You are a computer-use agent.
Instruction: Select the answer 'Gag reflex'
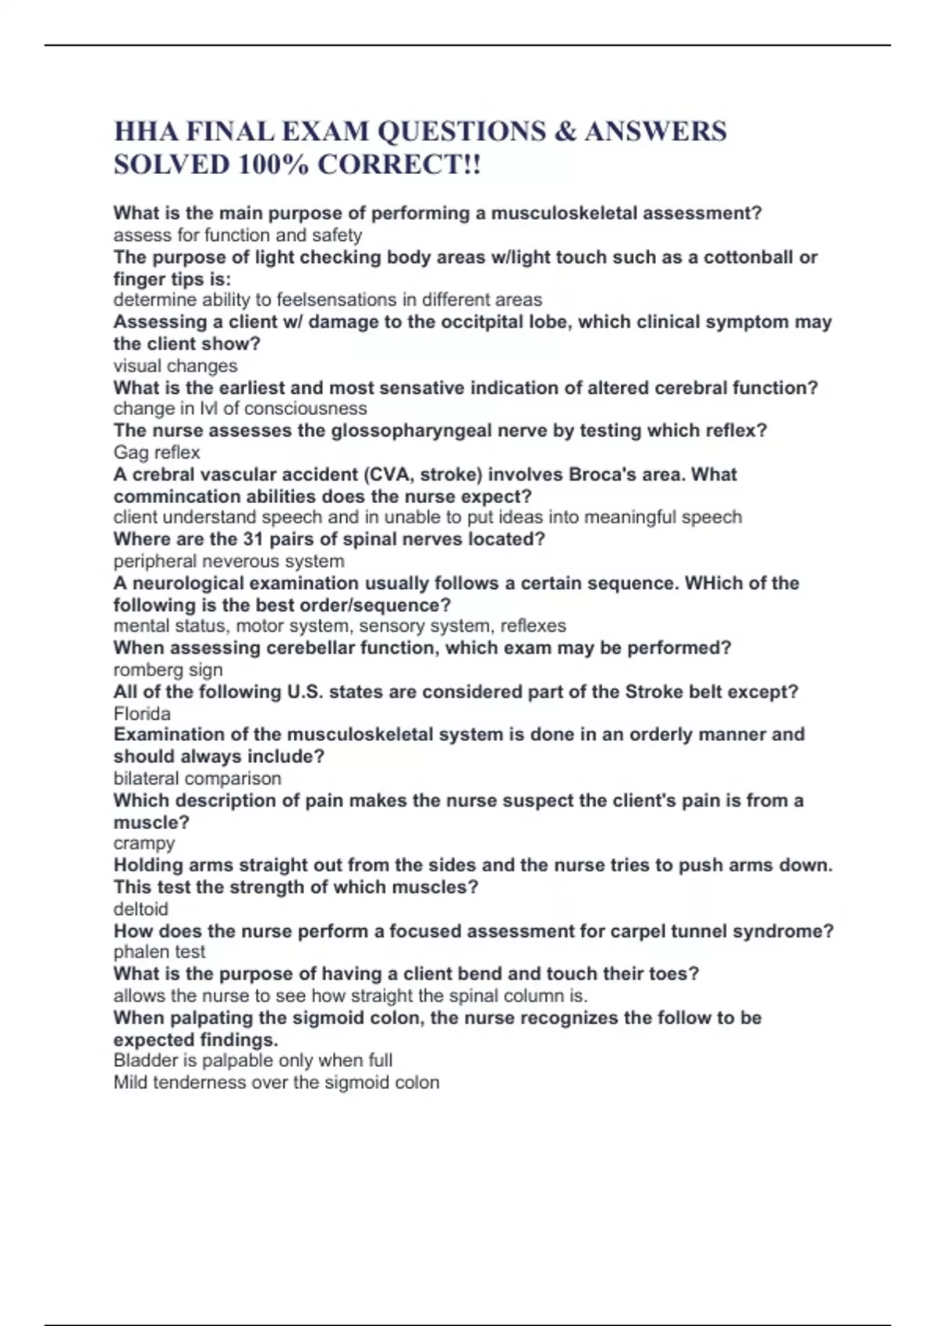[157, 452]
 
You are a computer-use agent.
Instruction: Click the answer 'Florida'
[142, 713]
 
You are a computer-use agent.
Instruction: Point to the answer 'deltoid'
[140, 909]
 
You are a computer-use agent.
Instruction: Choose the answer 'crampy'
[144, 843]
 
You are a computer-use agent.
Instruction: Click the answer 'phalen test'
[159, 952]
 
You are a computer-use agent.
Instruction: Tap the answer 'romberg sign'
[168, 669]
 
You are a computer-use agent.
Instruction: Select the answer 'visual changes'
[175, 366]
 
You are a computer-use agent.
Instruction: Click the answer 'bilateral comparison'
[197, 778]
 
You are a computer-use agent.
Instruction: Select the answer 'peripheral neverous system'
[229, 561]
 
